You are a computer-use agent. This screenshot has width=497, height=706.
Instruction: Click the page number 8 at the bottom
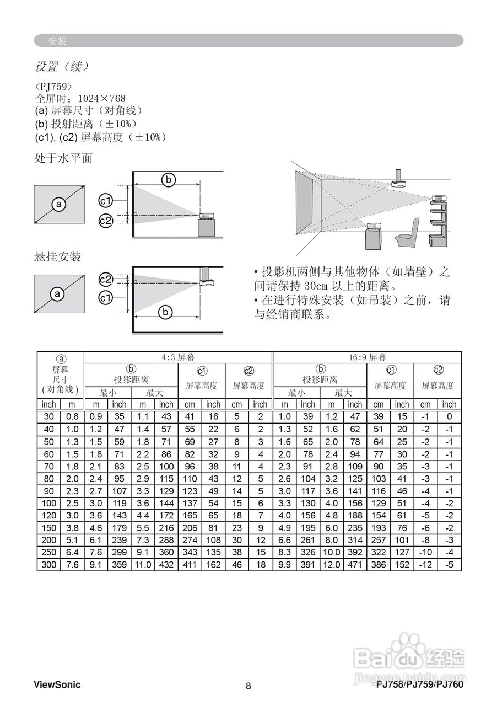[x=248, y=686]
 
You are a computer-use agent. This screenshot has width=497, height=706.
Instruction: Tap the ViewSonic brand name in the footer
[x=57, y=685]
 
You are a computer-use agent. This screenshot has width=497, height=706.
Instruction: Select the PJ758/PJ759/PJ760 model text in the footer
[x=420, y=685]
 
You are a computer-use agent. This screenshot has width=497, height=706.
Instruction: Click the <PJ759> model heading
[x=53, y=87]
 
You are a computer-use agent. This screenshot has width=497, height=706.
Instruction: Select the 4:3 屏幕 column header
[x=178, y=357]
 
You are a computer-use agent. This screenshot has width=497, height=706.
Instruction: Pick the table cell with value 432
[x=166, y=565]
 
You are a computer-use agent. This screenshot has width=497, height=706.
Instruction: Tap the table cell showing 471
[x=355, y=565]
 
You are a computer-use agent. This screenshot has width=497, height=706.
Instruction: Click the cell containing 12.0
[x=332, y=565]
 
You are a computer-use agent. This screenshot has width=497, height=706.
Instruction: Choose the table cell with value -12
[x=426, y=565]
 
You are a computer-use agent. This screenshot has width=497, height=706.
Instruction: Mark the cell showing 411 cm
[x=190, y=565]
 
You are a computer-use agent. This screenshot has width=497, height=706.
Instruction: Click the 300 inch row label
[x=48, y=565]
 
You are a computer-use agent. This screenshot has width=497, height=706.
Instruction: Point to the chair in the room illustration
[x=408, y=231]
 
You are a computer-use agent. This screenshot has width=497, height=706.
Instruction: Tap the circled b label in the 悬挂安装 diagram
[x=165, y=313]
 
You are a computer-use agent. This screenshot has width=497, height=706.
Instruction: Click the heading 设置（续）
[x=62, y=67]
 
